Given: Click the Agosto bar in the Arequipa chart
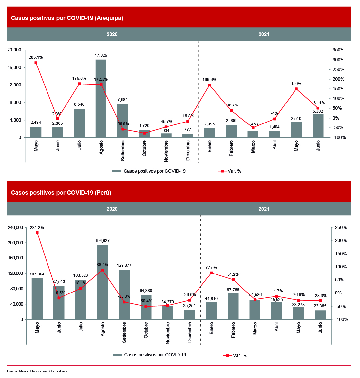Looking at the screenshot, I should click(101, 98).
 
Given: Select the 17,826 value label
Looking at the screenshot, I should click(101, 55).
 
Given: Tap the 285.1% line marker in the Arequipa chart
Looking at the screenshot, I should click(36, 63).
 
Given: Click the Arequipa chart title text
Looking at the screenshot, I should click(67, 18).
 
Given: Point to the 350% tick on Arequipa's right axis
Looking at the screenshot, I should click(338, 50).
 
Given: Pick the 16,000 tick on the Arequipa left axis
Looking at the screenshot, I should click(14, 67).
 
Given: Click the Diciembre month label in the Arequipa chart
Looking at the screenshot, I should click(188, 151).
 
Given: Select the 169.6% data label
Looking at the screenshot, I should click(209, 80).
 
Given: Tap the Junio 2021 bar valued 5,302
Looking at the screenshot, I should click(318, 126).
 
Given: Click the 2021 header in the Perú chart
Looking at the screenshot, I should click(264, 209).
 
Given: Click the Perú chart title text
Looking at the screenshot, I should click(61, 193).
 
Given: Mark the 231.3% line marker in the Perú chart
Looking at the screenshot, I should click(37, 233).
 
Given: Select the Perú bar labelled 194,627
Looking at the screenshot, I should click(103, 282).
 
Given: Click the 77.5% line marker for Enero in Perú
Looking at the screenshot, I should click(211, 273).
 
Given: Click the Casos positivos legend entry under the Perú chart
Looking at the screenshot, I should click(151, 355).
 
